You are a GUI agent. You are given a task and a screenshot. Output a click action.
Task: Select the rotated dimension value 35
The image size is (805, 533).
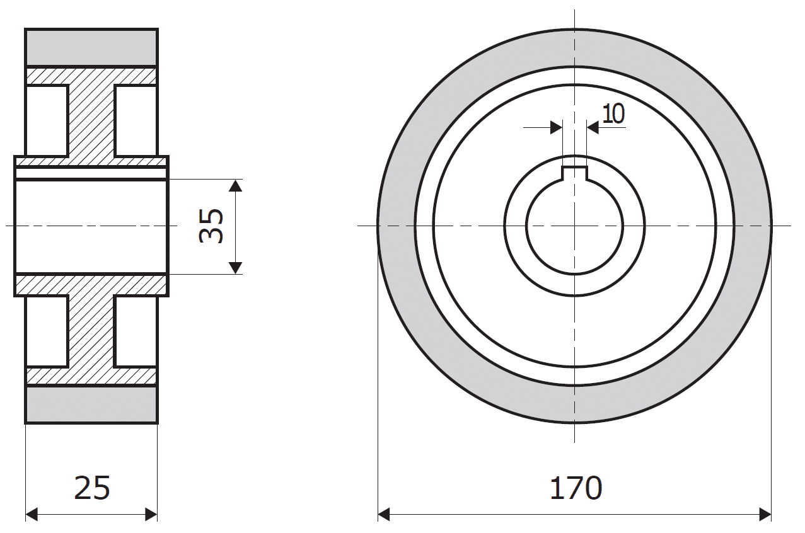pos(211,226)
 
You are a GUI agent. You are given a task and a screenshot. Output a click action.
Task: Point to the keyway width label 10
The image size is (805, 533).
pos(613,114)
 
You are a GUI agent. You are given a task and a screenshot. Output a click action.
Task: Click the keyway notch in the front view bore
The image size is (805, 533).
pos(575,173)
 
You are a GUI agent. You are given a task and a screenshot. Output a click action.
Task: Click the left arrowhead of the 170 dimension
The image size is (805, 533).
pos(384,514)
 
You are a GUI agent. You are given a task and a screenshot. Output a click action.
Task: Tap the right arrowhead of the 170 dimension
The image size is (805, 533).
pos(765,514)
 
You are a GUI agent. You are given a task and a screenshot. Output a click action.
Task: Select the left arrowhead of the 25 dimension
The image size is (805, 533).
pos(32,514)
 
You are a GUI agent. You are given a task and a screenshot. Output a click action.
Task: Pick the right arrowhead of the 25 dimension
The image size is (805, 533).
pos(151,514)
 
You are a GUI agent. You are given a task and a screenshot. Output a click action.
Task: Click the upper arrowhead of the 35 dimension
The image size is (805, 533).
pos(235,185)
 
